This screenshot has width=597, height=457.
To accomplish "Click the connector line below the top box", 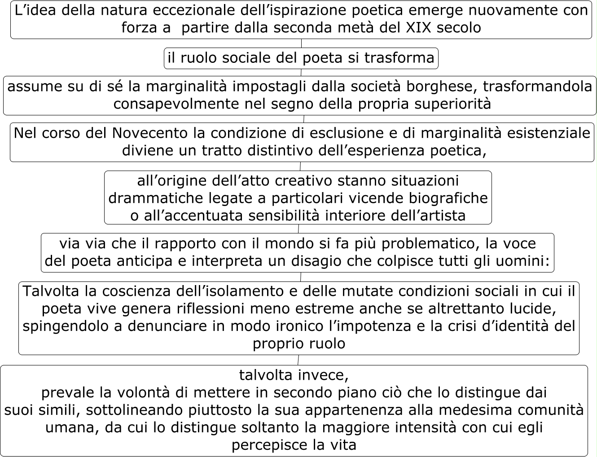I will [x=301, y=43].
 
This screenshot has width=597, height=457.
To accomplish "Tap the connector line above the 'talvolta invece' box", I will [x=298, y=360].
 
